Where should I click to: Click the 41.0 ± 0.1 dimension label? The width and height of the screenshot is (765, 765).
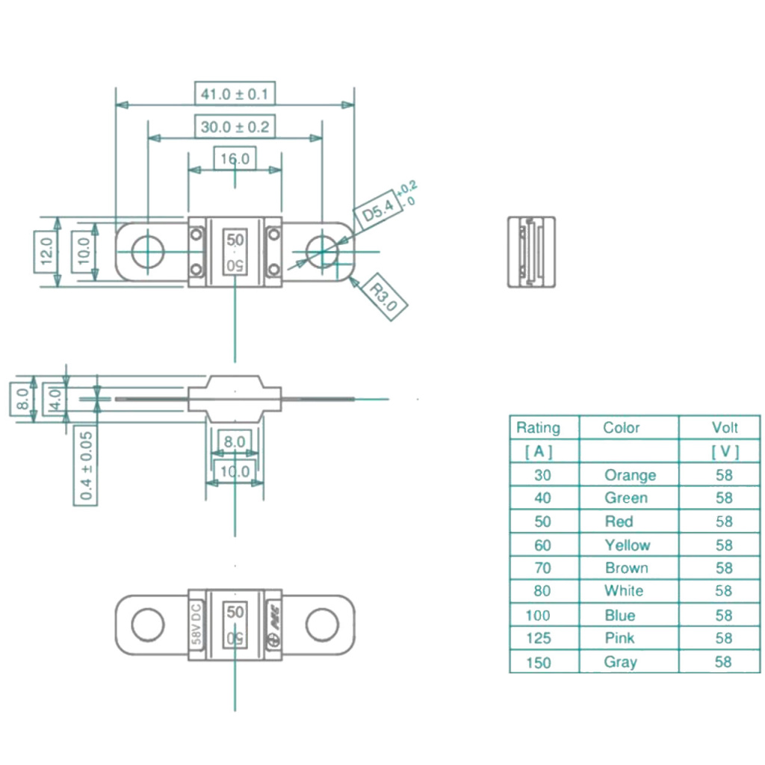[x=235, y=94]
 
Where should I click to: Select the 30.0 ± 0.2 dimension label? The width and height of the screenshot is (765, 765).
[x=235, y=127]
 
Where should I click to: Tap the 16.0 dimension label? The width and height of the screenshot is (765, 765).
[x=235, y=159]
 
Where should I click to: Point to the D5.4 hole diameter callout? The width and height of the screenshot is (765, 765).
[x=378, y=211]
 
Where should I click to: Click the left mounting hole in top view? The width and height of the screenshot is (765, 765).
[x=149, y=253]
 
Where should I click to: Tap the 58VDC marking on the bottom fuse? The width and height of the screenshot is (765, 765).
[x=196, y=624]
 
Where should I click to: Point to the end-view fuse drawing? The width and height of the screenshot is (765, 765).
[x=531, y=252]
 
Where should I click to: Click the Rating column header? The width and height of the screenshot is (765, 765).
[x=538, y=428]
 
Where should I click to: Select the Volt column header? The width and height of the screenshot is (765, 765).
[x=724, y=427]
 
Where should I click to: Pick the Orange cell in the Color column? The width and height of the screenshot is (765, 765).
[x=630, y=475]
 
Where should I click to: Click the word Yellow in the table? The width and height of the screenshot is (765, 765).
[x=628, y=545]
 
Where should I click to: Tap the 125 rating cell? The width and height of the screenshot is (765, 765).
[x=538, y=638]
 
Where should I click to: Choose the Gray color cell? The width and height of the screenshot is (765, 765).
[x=620, y=662]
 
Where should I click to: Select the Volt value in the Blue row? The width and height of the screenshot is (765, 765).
[x=723, y=615]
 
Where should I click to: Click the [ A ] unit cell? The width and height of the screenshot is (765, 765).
[x=539, y=451]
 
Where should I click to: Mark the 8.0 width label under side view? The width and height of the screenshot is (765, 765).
[x=234, y=442]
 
